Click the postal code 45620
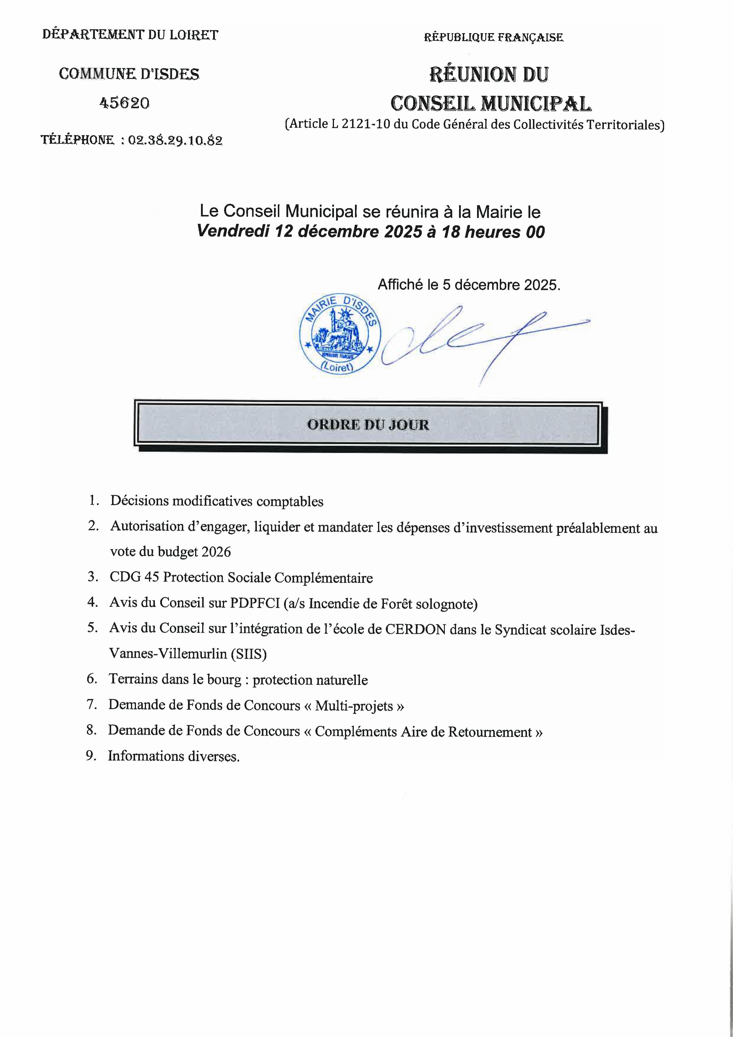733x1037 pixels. tap(124, 103)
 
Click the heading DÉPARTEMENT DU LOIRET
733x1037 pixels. tap(130, 35)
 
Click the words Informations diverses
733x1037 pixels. tap(173, 756)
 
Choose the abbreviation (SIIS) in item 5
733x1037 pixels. tap(248, 654)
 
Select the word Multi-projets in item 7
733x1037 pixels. tap(354, 706)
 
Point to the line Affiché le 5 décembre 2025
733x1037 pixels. tap(469, 285)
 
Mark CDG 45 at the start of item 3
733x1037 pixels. tap(134, 577)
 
